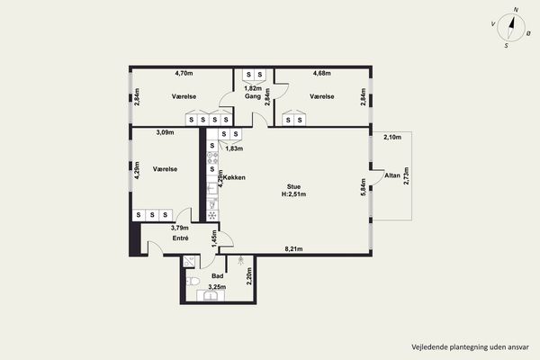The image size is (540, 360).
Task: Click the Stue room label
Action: (x=293, y=186)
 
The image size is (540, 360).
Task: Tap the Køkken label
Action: (x=234, y=177)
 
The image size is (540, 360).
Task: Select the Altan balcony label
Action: (x=392, y=175)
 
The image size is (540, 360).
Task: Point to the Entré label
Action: (x=181, y=238)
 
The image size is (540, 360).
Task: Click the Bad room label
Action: (x=217, y=276)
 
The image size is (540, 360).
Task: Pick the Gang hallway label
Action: (x=253, y=96)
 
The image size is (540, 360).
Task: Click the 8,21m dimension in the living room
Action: (x=293, y=248)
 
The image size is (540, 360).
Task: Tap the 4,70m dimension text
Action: (x=184, y=73)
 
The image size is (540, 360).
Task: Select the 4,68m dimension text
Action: (x=321, y=73)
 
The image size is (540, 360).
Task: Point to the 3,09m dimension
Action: (x=165, y=132)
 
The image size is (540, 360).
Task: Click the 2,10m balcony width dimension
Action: (x=392, y=137)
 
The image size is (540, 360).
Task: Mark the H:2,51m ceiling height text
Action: (x=293, y=194)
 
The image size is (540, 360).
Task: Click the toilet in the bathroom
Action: (x=193, y=282)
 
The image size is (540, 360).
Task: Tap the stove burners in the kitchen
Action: (x=212, y=158)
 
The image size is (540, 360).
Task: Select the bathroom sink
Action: (x=210, y=295)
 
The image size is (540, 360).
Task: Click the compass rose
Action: (x=511, y=28)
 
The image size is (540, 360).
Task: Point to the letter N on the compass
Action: (x=516, y=10)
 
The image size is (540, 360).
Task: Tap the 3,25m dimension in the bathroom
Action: (x=217, y=286)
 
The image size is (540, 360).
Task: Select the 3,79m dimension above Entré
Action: (x=180, y=228)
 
